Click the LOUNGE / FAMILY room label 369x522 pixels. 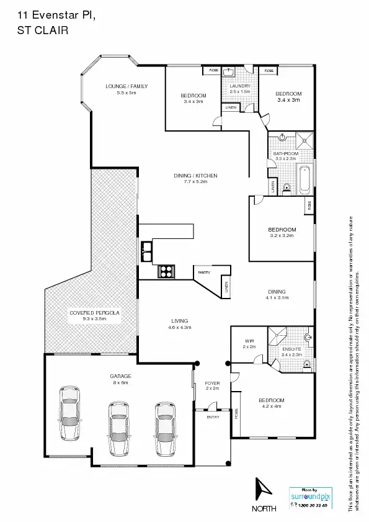coord(127,86)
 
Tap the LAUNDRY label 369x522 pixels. coord(239,86)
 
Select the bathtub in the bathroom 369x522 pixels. coord(304,179)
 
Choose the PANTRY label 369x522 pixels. coord(204,272)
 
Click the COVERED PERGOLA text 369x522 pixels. coord(94,312)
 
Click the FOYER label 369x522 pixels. coord(212,383)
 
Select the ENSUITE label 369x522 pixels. coord(291,349)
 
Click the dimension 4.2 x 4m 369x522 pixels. coord(272,407)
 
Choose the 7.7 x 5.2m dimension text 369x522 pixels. coord(195,182)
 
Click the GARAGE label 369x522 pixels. coord(120,376)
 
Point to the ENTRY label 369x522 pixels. coord(213,417)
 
